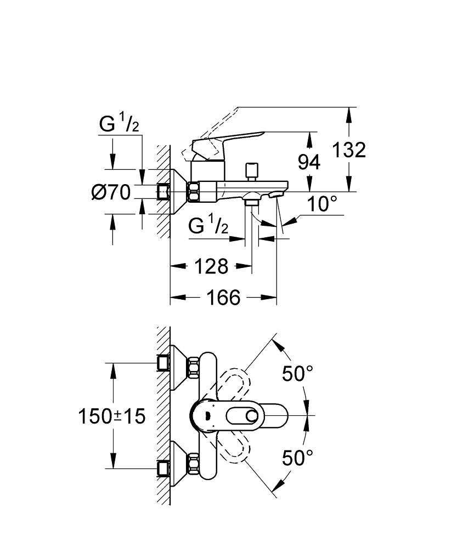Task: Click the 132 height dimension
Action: [x=349, y=150]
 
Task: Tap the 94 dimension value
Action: [x=309, y=163]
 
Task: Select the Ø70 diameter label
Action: [x=111, y=192]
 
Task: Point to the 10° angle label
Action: [x=322, y=204]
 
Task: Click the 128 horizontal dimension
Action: [x=211, y=266]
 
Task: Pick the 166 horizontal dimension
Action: [x=224, y=298]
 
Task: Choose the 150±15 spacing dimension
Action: [x=111, y=416]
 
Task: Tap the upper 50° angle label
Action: [x=298, y=374]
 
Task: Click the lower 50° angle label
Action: [x=298, y=458]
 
